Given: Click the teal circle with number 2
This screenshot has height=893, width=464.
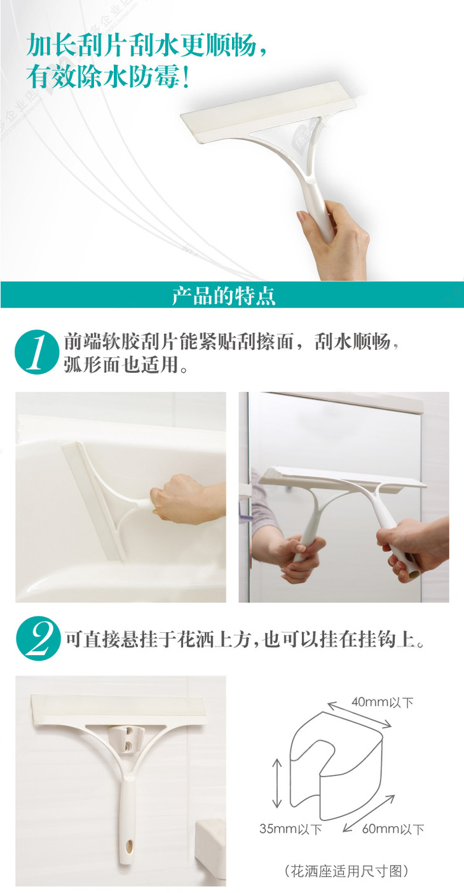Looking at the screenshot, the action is [38, 638].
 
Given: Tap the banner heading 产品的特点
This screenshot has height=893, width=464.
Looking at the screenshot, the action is [224, 295].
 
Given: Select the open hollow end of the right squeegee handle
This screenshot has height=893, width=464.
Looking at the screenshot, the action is [414, 574].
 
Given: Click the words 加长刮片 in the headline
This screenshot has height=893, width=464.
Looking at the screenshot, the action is [78, 45].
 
